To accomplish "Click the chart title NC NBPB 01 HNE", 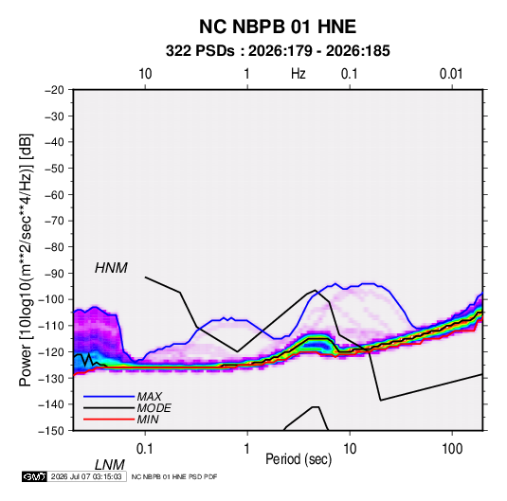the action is point(278,27).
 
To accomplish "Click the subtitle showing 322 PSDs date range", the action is point(278,51).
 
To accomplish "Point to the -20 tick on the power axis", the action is point(55,90).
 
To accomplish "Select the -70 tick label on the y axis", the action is point(55,221).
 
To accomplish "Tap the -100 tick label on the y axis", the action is point(52,299).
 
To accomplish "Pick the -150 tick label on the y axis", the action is point(52,431).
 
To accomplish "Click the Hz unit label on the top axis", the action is point(299,74).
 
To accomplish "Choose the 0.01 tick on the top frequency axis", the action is point(451,74).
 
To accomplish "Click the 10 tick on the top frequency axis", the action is point(145,74).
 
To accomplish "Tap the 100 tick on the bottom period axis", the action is point(452,449).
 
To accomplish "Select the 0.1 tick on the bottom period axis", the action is point(145,449).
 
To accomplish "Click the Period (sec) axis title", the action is point(299,459).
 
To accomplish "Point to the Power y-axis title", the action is point(26,260).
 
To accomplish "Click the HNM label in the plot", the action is point(111,268).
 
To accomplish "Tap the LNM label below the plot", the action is point(109,465).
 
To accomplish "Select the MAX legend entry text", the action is point(149,397).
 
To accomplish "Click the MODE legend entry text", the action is point(154,408).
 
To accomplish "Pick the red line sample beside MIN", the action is point(109,420).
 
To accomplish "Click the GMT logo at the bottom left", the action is point(35,476).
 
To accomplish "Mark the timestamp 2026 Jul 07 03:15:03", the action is point(86,476).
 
